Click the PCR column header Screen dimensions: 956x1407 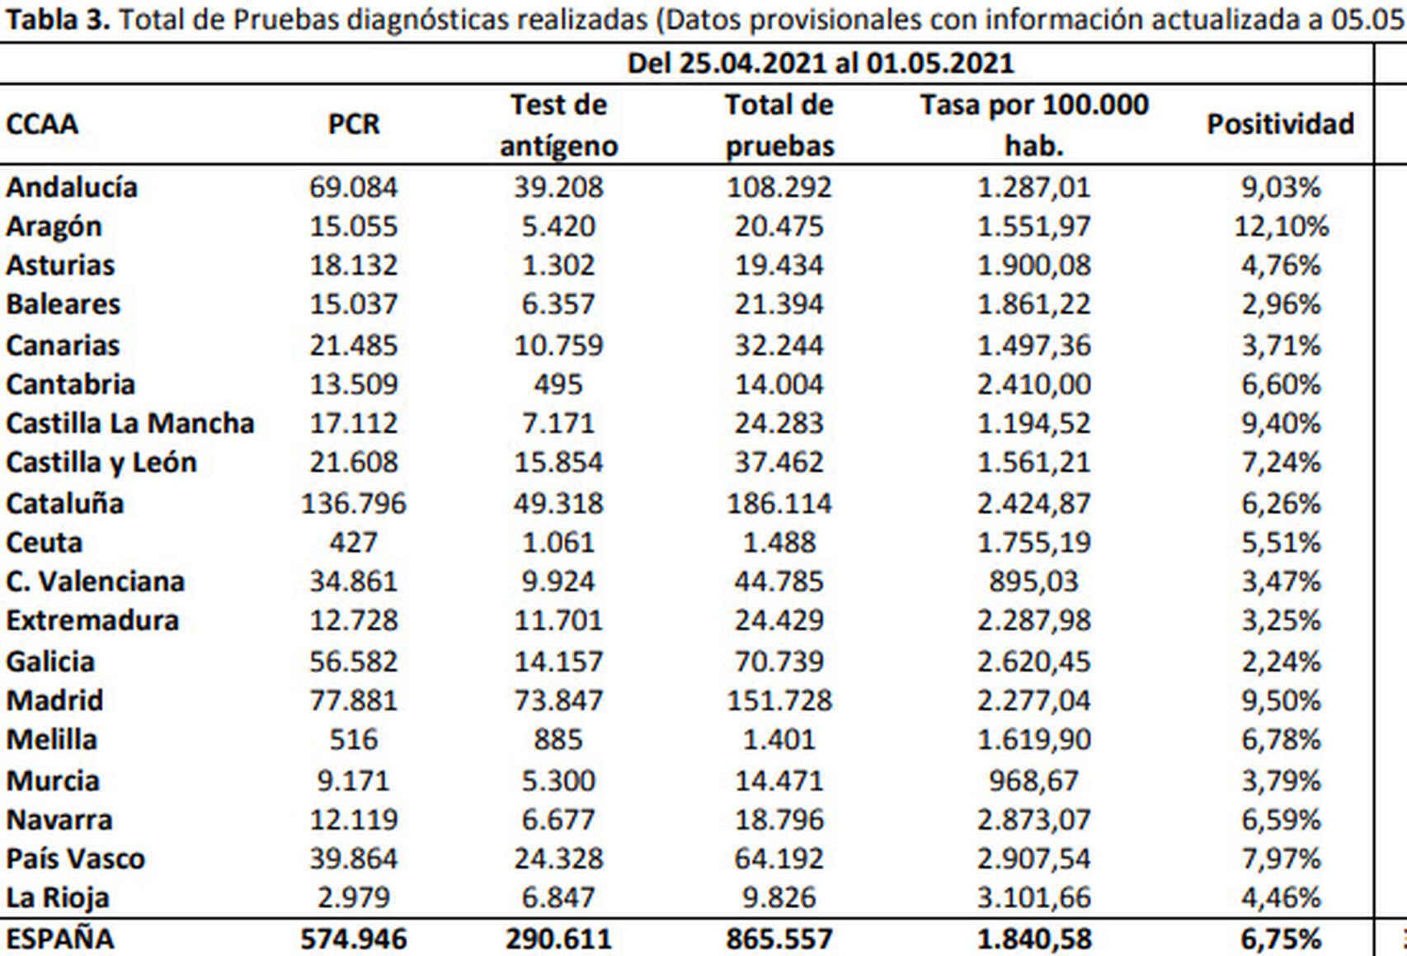[354, 125]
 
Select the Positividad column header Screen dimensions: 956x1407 [1280, 125]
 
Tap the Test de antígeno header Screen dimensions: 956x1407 [558, 125]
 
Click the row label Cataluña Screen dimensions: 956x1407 [65, 503]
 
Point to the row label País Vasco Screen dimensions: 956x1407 [76, 859]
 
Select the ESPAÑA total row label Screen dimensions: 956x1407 [60, 939]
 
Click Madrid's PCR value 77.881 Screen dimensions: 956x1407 [354, 700]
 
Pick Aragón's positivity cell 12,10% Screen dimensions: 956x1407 [1281, 226]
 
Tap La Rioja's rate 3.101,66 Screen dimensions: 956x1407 [1033, 897]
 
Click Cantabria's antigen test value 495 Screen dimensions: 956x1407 [558, 384]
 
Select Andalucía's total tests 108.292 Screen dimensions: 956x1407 [779, 187]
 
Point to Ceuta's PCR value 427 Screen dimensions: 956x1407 [354, 543]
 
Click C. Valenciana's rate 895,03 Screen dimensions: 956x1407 [1033, 582]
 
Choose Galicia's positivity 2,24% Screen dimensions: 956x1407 [1281, 662]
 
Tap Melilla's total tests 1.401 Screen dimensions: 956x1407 [779, 739]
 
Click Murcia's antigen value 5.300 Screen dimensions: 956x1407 [558, 780]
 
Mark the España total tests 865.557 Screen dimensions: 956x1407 [779, 939]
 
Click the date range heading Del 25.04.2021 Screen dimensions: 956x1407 [820, 64]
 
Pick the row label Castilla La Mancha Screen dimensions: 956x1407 [130, 423]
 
